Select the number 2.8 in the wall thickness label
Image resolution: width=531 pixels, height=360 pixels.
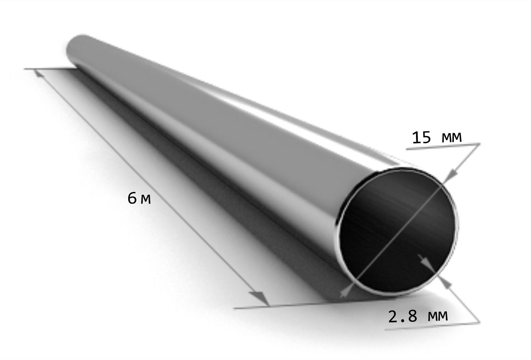pyautogui.click(x=402, y=316)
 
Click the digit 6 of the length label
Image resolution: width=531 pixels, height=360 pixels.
pyautogui.click(x=132, y=198)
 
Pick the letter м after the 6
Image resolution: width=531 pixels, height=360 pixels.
pyautogui.click(x=146, y=200)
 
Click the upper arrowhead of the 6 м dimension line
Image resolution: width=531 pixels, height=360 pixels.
pyautogui.click(x=39, y=73)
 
